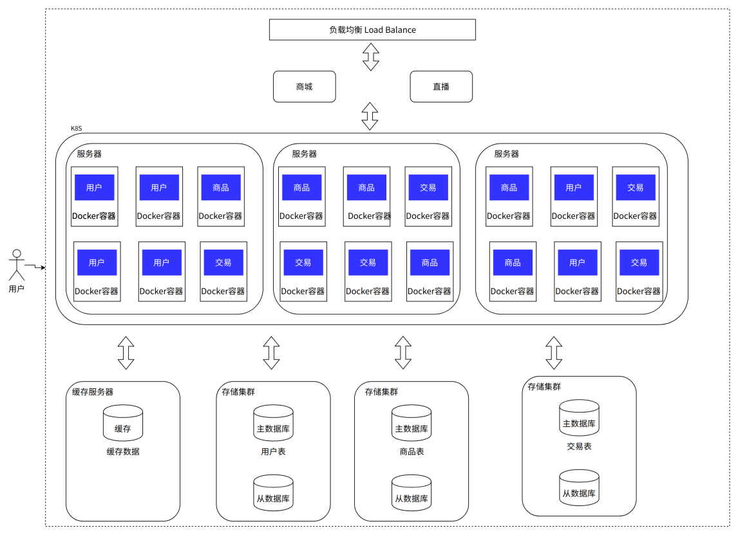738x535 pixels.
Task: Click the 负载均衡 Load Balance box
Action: [x=372, y=30]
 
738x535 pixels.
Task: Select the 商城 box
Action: [x=305, y=86]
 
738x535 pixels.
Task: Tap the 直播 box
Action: [x=441, y=86]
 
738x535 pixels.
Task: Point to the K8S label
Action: [x=76, y=128]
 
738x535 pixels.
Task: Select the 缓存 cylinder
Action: [x=123, y=423]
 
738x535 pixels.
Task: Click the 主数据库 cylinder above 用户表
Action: [x=274, y=423]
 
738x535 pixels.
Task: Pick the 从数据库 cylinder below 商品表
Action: [x=412, y=493]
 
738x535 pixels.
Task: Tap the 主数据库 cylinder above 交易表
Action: [x=579, y=418]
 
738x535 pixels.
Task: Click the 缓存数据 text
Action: [x=123, y=452]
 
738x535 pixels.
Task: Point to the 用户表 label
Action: [x=274, y=452]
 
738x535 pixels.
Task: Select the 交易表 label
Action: [x=579, y=447]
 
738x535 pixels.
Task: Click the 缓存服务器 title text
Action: [x=93, y=392]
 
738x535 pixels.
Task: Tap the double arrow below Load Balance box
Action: [x=371, y=57]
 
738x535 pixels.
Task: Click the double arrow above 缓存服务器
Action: [x=126, y=353]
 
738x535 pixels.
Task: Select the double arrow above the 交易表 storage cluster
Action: [x=554, y=353]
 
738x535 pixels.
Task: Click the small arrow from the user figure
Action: [x=35, y=266]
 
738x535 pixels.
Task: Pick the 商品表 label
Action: [x=412, y=452]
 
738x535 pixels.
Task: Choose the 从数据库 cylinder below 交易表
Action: [x=579, y=487]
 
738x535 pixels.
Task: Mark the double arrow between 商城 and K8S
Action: [x=370, y=117]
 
